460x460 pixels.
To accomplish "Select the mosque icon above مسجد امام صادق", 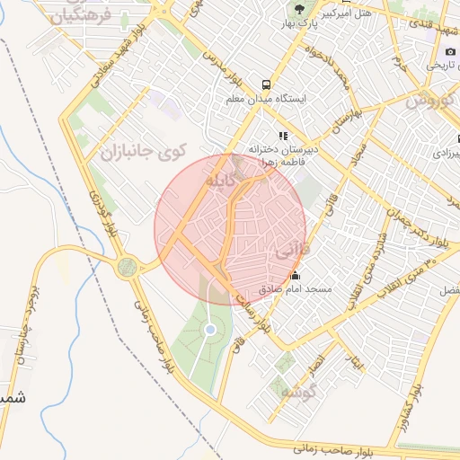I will pos(296,276).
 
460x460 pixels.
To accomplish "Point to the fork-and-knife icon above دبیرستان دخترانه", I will pos(282,136).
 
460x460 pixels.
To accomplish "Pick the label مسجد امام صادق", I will pos(308,290).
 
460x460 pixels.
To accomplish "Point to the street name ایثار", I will pos(358,361).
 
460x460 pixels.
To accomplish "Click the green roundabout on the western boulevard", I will pos(127,267).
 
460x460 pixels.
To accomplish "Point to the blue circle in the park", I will pos(210,330).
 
